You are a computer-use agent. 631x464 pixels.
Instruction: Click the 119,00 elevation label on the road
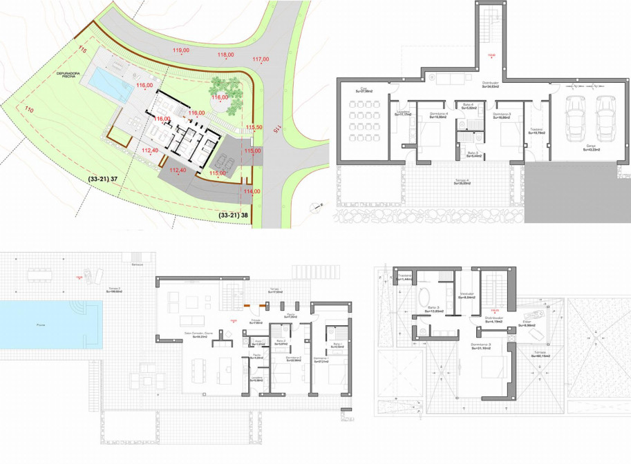click(182, 50)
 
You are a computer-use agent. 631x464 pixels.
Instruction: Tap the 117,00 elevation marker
click(261, 59)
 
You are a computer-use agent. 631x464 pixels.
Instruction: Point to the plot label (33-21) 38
click(233, 215)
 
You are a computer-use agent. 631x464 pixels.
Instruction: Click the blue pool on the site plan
click(111, 85)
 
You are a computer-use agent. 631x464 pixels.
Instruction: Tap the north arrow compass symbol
click(317, 206)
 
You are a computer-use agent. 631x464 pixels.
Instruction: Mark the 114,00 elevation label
click(252, 191)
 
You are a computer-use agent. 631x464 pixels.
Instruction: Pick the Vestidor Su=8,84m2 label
click(468, 296)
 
